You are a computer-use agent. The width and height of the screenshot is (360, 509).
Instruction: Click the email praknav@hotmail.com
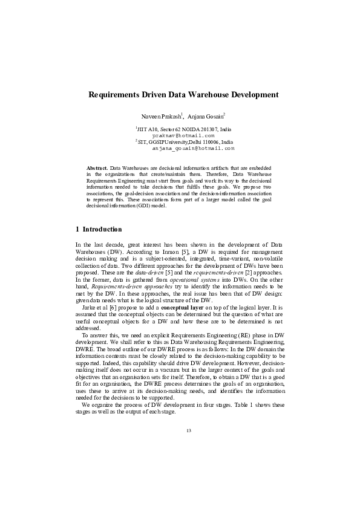pos(183,136)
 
